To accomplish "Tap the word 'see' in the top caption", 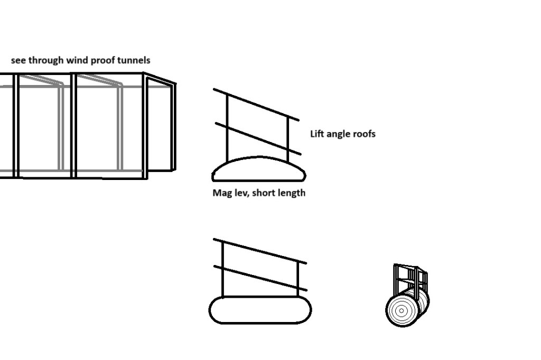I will point(18,60).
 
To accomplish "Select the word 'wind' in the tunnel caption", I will point(77,60).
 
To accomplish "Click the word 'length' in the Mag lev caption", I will point(290,193).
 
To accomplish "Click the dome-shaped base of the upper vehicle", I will point(259,170).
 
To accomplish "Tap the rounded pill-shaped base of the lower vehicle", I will point(260,310).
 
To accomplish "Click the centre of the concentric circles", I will point(401,310).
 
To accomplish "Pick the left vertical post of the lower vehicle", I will point(223,269).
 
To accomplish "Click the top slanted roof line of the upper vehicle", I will point(256,105).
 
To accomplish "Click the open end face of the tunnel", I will point(160,127).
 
